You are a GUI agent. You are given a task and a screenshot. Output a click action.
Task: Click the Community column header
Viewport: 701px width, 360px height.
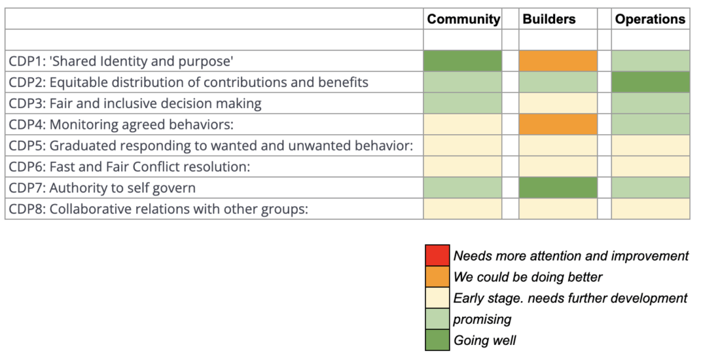point(463,19)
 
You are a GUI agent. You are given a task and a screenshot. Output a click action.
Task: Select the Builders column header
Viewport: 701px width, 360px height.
point(549,19)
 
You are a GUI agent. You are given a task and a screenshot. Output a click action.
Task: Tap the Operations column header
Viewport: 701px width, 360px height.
point(650,19)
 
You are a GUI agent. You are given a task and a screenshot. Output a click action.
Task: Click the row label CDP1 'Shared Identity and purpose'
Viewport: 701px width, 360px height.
point(121,61)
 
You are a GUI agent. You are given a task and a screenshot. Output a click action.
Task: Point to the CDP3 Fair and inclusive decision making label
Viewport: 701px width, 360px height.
point(135,103)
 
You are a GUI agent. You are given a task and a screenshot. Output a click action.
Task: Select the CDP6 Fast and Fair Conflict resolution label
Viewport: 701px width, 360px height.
point(129,166)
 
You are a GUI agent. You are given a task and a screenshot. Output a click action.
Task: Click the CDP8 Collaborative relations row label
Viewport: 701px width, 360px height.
point(158,209)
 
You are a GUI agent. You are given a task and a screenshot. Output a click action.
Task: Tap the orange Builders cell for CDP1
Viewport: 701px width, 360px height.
point(558,61)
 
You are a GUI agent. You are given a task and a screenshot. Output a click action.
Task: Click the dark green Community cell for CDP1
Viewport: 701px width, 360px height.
point(462,61)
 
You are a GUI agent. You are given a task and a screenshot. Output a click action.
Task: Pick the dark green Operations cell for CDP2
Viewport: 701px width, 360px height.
point(650,82)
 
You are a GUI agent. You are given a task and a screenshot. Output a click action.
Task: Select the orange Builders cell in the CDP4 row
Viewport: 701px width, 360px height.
point(558,125)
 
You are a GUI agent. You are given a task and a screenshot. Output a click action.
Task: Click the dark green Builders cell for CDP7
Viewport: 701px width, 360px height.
point(558,188)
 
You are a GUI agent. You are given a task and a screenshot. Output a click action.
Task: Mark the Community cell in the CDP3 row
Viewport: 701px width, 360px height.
point(462,103)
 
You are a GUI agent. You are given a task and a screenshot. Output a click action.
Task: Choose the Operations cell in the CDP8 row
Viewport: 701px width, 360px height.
point(650,209)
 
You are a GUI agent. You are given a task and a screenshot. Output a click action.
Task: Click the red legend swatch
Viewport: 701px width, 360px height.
point(437,255)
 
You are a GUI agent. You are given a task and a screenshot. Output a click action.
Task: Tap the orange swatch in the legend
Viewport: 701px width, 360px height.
point(437,277)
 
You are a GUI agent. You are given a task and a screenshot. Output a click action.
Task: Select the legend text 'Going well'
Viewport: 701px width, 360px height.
point(485,340)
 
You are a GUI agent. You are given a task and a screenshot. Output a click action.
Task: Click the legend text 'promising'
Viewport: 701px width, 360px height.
point(482,319)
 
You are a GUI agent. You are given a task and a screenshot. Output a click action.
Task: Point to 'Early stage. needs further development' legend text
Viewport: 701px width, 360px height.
point(570,298)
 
